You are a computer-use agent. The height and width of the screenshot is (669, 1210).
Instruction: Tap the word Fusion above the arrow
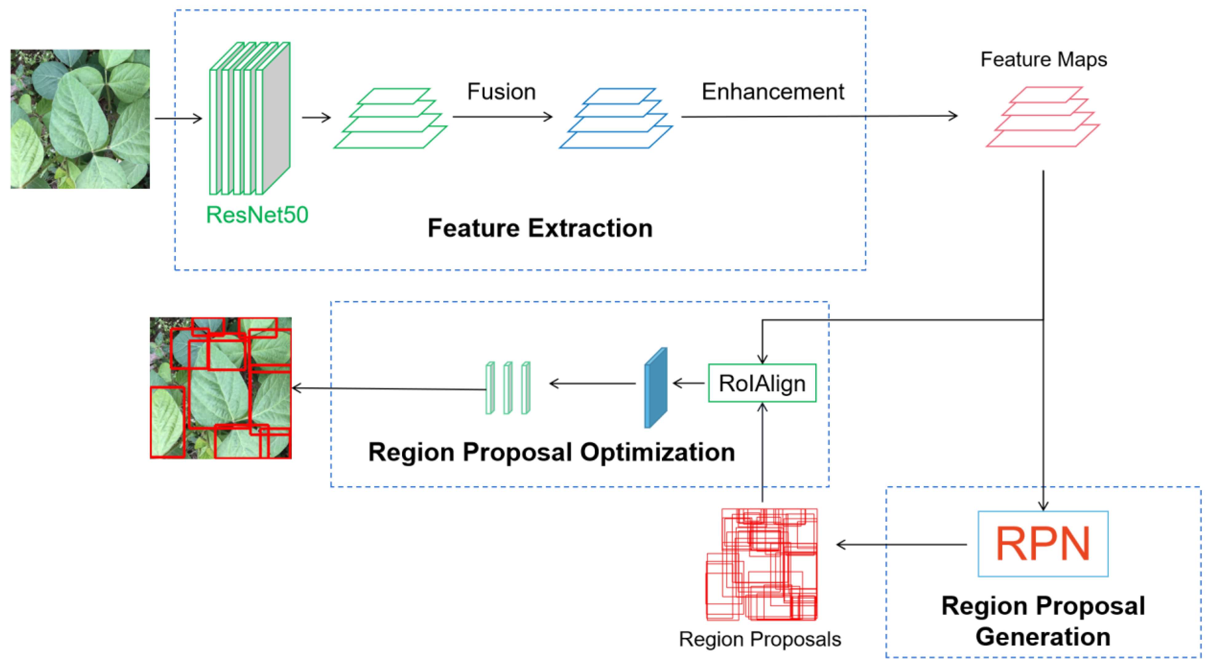501,92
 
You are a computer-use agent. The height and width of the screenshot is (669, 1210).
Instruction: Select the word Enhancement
773,92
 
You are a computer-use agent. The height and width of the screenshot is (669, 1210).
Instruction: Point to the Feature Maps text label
1043,60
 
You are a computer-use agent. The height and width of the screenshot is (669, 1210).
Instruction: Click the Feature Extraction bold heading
540,228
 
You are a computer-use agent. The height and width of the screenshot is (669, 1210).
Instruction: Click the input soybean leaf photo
80,119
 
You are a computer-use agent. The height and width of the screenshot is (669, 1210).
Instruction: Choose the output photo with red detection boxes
220,388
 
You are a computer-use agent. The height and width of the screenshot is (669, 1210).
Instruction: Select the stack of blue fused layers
615,118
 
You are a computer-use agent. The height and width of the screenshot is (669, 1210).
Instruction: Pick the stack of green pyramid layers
390,118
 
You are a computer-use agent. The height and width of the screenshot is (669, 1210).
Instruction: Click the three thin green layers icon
508,388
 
